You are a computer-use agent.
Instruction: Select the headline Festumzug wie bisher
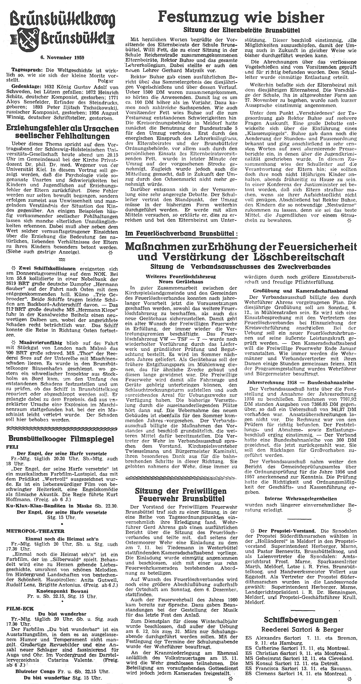[241, 18]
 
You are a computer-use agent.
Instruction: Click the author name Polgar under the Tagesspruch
[106, 80]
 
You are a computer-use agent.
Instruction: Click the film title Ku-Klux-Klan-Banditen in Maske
[50, 506]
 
